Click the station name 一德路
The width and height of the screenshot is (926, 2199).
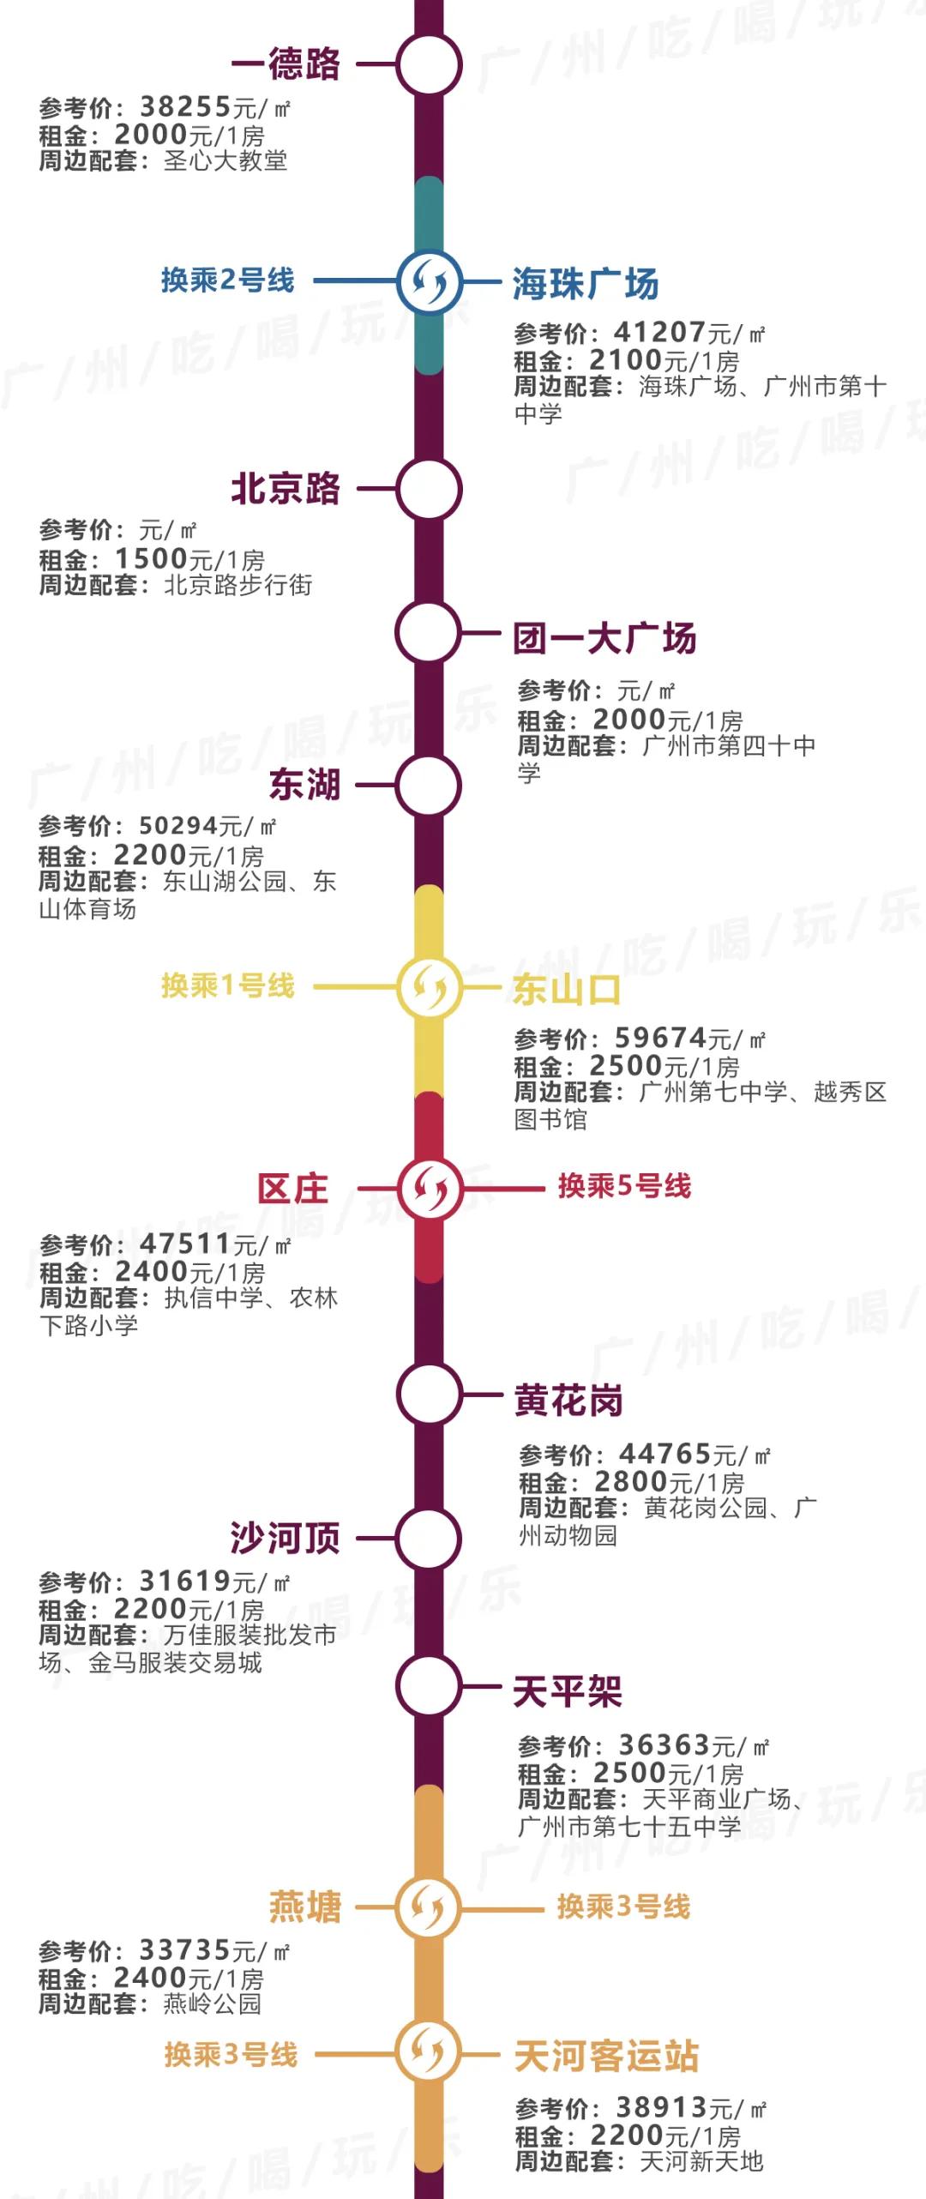click(x=286, y=64)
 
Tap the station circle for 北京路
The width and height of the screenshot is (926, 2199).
click(x=429, y=489)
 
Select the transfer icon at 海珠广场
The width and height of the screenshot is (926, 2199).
click(x=429, y=281)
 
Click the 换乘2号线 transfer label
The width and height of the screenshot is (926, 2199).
click(x=227, y=280)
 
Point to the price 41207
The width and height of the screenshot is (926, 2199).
click(x=659, y=332)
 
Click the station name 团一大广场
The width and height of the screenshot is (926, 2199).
click(x=604, y=638)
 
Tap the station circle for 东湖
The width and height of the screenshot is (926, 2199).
click(x=429, y=786)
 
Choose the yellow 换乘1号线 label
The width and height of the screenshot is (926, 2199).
click(x=227, y=985)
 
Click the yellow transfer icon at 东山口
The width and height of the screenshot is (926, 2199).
click(x=429, y=987)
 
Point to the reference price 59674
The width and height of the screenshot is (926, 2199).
click(x=660, y=1038)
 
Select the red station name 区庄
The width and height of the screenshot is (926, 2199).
click(x=293, y=1189)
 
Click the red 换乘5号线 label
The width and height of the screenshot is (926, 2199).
click(x=624, y=1186)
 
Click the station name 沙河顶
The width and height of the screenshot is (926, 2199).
click(x=285, y=1538)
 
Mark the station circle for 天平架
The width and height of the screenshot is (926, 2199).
click(x=429, y=1685)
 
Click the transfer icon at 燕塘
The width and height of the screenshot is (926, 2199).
click(x=429, y=1907)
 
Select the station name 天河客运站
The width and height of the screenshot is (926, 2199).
click(x=606, y=2056)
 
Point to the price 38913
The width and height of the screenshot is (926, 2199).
click(x=661, y=2107)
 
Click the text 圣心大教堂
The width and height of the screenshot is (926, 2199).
click(x=225, y=160)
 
